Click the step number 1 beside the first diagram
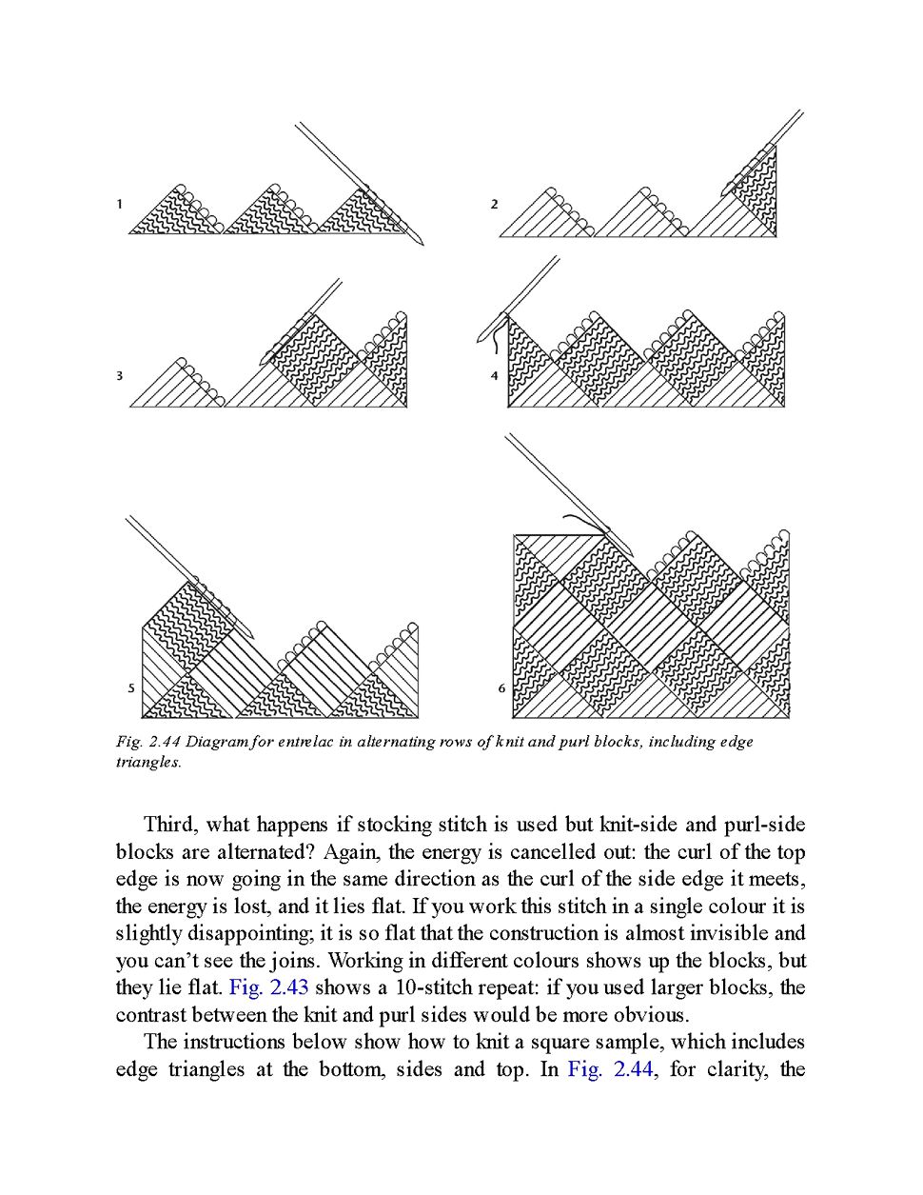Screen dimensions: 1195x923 [120, 204]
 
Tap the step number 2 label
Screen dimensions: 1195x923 [494, 204]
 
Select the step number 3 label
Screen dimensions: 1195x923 [120, 376]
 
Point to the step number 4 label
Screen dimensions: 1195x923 [494, 376]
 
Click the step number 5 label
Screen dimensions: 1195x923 [131, 688]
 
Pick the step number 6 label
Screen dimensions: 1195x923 [501, 688]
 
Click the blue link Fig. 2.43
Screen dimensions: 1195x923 [268, 987]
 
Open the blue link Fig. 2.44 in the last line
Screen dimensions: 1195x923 [610, 1069]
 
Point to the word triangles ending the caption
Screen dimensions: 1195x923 [147, 763]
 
